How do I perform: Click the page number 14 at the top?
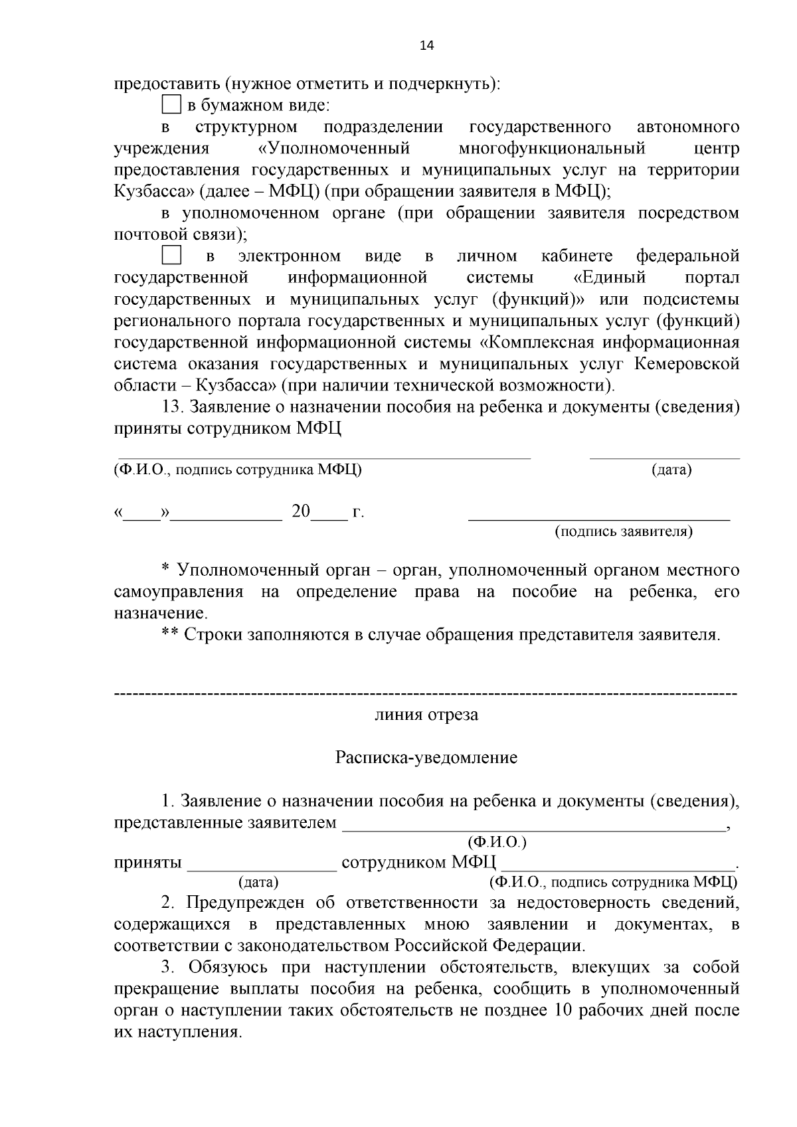426,45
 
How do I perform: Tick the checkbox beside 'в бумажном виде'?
171,105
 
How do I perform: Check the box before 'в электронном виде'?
171,256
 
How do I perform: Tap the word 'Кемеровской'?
687,364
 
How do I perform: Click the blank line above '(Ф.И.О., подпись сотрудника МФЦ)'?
324,457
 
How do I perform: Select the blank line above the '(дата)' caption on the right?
664,457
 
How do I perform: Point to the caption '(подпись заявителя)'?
624,531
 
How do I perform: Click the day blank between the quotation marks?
142,517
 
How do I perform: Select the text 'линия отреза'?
426,715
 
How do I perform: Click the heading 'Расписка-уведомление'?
426,758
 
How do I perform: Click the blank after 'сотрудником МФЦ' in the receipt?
618,868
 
